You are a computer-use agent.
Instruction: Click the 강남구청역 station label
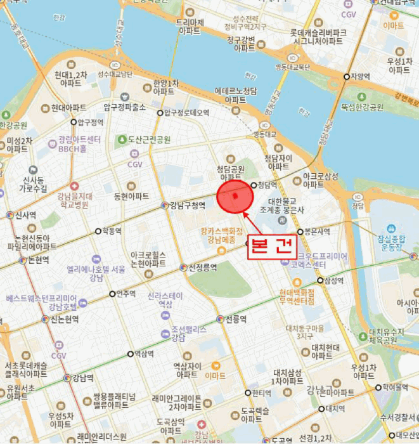pyautogui.click(x=188, y=206)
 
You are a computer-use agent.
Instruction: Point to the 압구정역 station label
pyautogui.click(x=88, y=122)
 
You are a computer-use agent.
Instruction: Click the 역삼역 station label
pyautogui.click(x=144, y=354)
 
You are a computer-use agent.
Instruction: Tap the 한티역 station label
pyautogui.click(x=261, y=393)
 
